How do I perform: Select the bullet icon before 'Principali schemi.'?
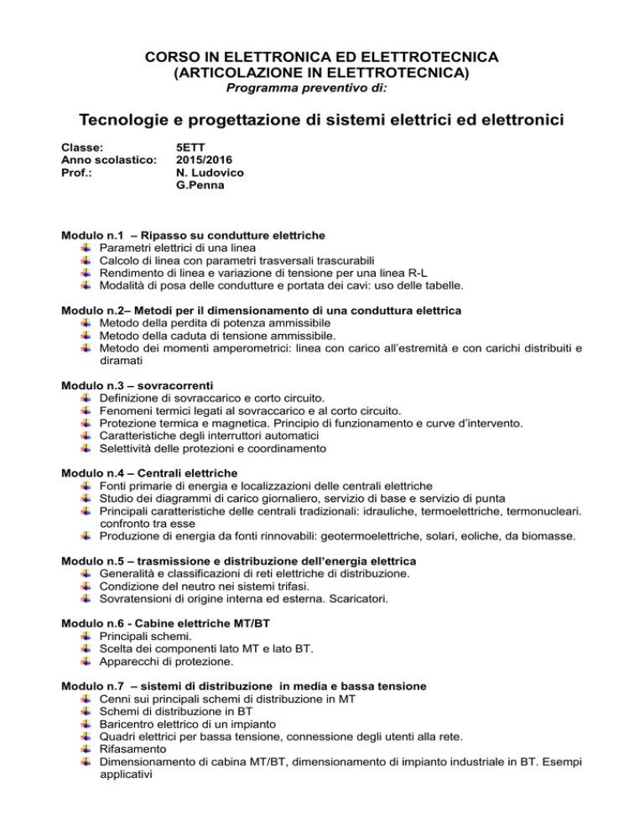pyautogui.click(x=87, y=639)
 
